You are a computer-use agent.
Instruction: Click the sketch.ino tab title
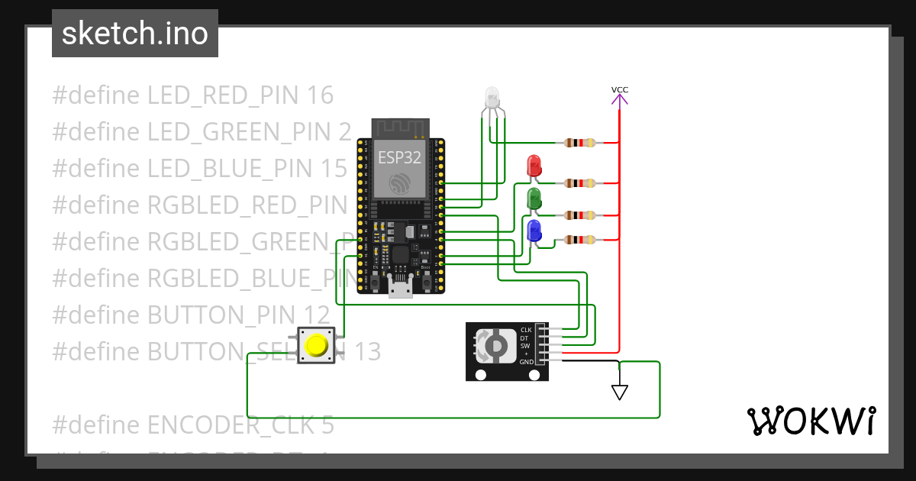pos(134,34)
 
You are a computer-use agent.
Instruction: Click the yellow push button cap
pos(315,346)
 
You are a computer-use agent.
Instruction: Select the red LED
pos(534,165)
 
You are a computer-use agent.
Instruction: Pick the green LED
pos(534,198)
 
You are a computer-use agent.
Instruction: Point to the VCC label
pos(620,90)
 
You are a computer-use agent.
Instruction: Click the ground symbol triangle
pos(620,392)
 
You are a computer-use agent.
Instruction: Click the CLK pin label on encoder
pos(526,330)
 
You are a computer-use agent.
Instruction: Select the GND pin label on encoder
pos(526,362)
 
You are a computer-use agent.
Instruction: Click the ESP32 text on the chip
pos(398,157)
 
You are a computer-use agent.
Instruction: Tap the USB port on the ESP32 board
pos(400,288)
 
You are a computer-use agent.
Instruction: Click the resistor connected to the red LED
pos(580,183)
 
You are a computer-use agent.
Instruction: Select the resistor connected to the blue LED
pos(580,240)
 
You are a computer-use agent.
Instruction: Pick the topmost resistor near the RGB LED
pos(580,143)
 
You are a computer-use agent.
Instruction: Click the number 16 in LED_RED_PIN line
pos(319,95)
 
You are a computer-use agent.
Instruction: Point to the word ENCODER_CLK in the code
pos(232,425)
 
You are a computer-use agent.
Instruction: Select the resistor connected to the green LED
pos(580,215)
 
